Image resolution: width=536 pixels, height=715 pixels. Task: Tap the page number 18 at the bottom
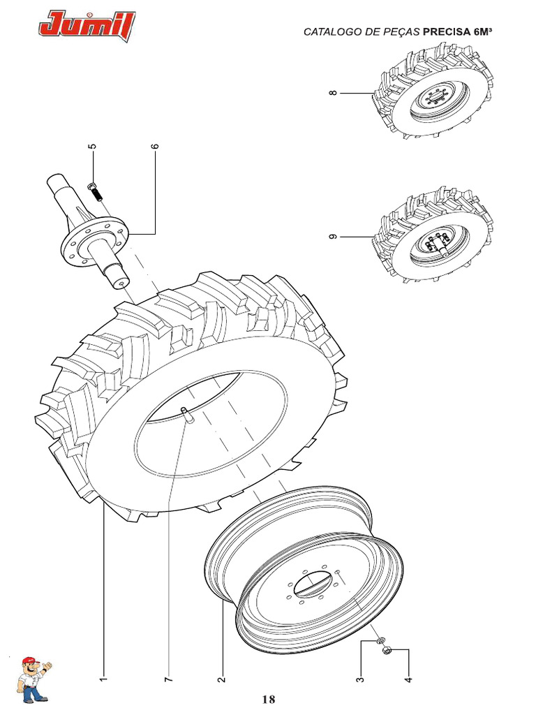(269, 699)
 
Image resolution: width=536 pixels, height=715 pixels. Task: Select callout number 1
(103, 678)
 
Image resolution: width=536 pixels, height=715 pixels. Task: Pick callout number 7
(167, 678)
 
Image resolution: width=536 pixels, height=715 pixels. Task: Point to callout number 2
(221, 678)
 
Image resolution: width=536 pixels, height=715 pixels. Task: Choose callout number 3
(360, 678)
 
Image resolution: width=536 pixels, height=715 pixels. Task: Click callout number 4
(408, 678)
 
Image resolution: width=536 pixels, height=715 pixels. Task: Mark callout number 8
(334, 93)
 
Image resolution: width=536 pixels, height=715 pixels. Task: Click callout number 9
(334, 237)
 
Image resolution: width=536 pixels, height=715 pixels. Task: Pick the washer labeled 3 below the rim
(379, 640)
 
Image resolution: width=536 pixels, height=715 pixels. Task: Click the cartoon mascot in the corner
(32, 678)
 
